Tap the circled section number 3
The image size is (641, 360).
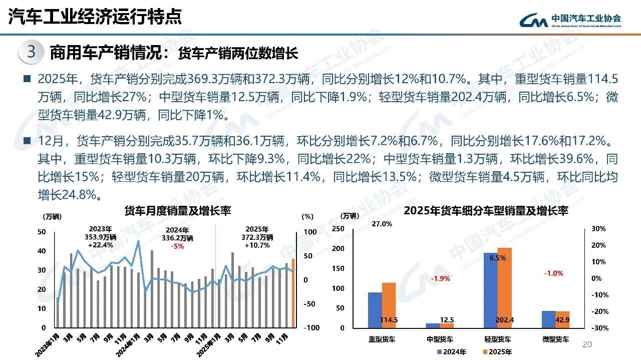coord(31,53)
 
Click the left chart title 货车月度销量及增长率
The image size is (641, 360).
coord(177,210)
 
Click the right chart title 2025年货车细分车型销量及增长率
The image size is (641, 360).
coord(485,211)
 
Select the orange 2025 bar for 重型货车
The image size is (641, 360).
coord(389,305)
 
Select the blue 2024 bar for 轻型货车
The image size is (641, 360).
coord(490,290)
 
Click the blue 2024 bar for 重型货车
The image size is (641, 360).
coord(375,310)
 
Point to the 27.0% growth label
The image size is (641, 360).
coord(382,224)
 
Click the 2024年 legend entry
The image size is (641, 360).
coord(452,352)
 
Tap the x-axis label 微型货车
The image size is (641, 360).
coord(555,339)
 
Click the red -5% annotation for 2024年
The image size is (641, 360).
coord(177,246)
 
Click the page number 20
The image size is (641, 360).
coord(587,344)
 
